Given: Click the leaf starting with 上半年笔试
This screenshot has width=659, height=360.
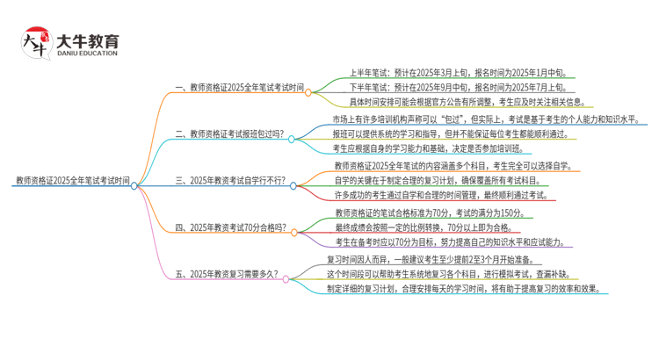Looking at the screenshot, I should [445, 74].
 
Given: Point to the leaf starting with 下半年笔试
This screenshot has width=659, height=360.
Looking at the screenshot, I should [445, 88].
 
